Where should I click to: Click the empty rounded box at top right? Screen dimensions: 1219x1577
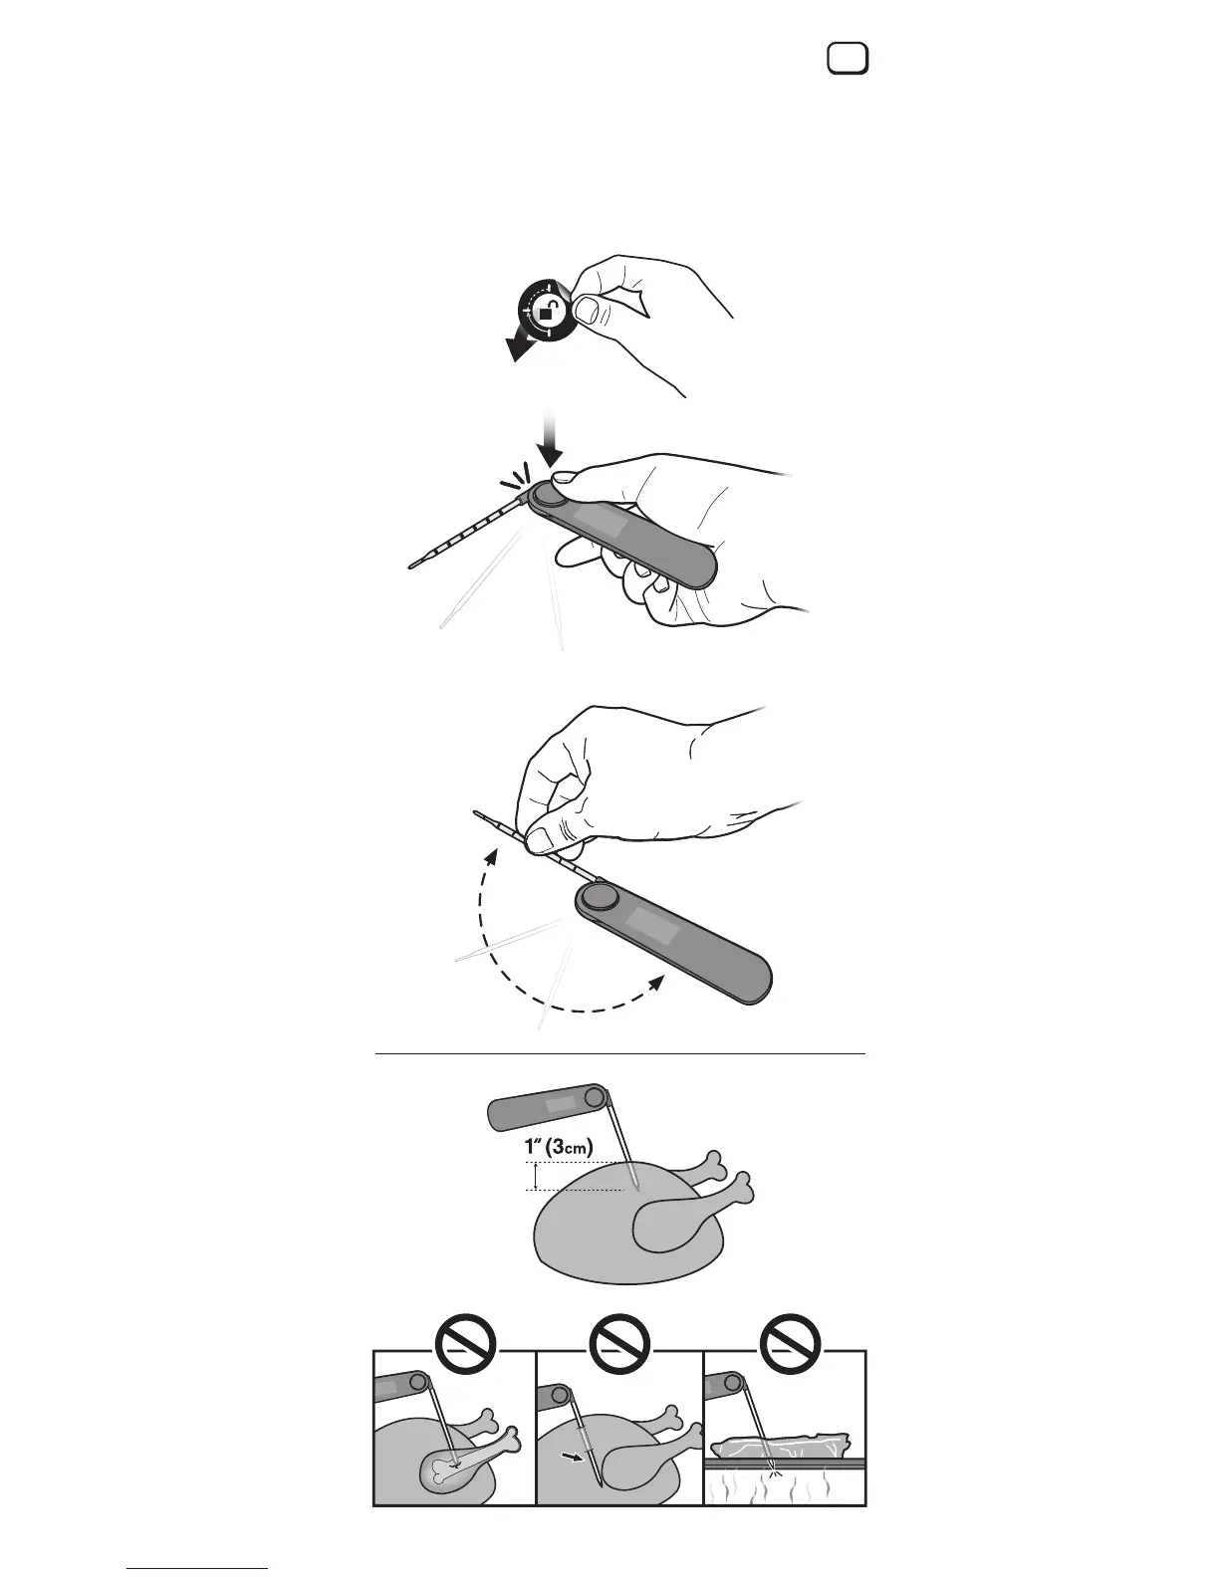point(848,58)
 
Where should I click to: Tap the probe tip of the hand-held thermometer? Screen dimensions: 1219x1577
point(411,565)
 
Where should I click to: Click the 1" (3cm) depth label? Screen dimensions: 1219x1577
point(559,1147)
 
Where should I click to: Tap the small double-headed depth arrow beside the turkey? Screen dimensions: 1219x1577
point(535,1176)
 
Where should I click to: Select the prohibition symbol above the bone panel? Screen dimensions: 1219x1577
point(465,1344)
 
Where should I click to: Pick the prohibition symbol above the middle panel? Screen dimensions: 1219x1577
point(619,1344)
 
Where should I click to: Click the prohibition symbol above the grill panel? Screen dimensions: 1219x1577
point(790,1344)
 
